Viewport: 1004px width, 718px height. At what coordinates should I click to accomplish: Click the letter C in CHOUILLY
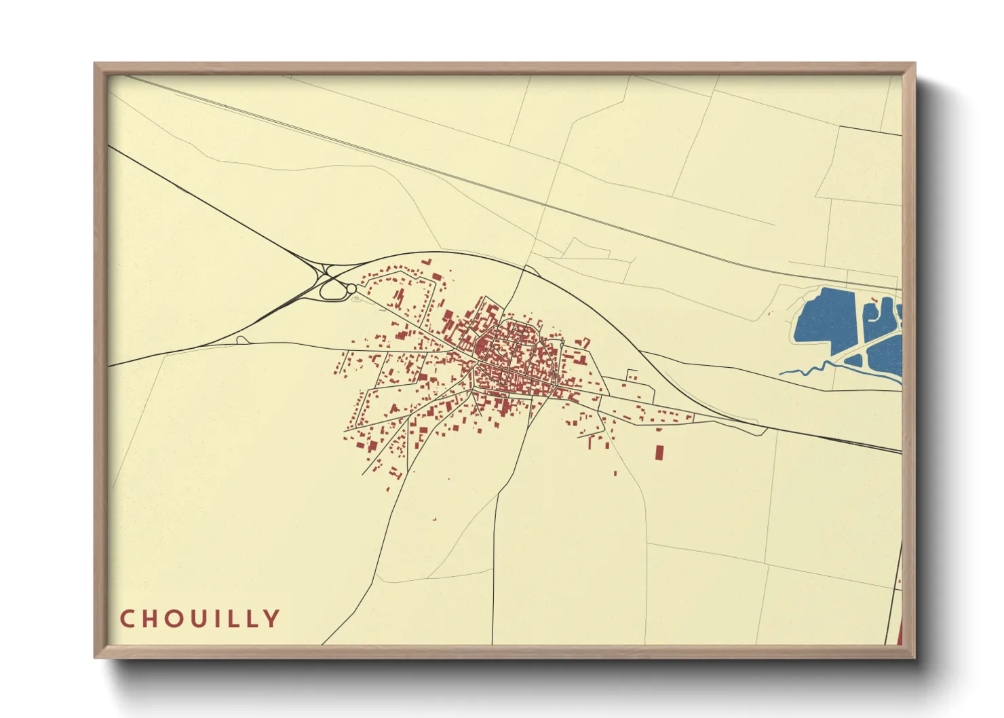tap(127, 619)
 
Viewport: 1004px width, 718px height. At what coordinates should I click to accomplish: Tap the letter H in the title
tap(151, 619)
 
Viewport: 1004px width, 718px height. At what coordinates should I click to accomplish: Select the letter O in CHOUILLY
tap(176, 619)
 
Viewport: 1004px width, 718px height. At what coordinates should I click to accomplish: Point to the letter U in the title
tap(202, 619)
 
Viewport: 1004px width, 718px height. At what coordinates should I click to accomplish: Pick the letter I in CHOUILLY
tap(221, 619)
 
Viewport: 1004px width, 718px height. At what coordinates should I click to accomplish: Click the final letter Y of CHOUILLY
tap(272, 619)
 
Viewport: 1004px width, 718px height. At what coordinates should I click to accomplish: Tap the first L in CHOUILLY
tap(235, 619)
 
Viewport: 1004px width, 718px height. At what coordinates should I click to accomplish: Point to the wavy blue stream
tap(807, 371)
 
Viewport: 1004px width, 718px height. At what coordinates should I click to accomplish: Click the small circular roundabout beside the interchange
tap(351, 289)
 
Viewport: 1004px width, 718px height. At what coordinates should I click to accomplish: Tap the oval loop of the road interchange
tap(332, 290)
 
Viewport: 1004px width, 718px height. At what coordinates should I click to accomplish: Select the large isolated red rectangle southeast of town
tap(658, 453)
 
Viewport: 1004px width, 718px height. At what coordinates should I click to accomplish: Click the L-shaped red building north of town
tap(427, 261)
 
